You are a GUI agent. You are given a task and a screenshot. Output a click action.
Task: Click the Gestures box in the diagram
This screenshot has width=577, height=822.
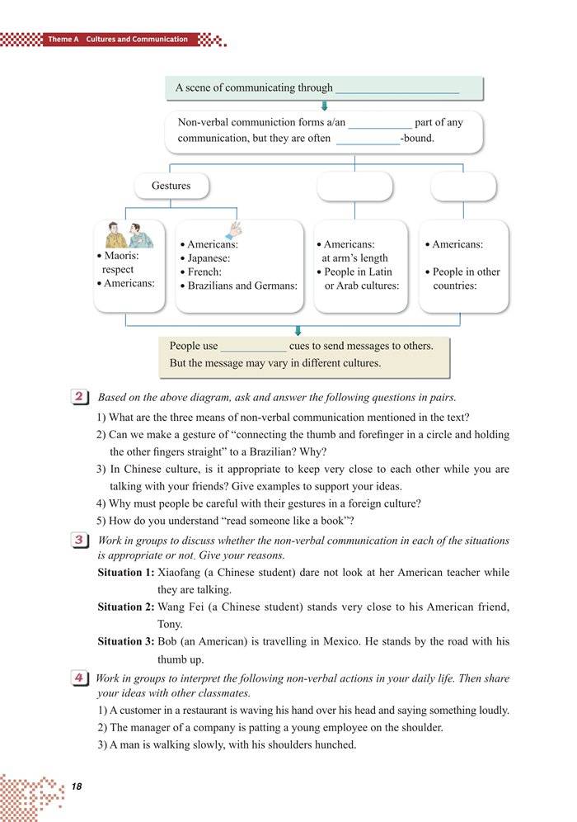pos(171,187)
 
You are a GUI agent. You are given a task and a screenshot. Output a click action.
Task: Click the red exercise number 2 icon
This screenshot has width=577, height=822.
pos(81,398)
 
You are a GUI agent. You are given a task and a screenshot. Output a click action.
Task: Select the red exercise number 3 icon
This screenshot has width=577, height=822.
pos(81,541)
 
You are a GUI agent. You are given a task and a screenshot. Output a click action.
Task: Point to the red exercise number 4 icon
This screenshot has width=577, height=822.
pos(81,678)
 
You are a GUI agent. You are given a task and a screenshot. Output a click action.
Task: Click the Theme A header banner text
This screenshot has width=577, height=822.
pos(117,40)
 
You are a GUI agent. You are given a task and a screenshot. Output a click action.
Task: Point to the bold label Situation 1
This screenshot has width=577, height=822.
pos(125,572)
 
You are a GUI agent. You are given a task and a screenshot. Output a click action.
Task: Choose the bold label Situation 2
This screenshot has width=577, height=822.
pos(125,607)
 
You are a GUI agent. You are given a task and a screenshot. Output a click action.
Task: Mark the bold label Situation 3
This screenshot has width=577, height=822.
pos(125,641)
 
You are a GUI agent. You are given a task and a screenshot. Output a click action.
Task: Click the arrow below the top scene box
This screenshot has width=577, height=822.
pos(325,106)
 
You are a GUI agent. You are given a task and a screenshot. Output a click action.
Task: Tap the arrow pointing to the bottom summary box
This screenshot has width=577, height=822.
pos(298,330)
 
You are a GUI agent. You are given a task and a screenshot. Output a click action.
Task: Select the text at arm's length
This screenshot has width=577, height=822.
pos(354,258)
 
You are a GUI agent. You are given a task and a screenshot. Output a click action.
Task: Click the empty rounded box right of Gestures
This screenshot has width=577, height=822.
pos(354,187)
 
